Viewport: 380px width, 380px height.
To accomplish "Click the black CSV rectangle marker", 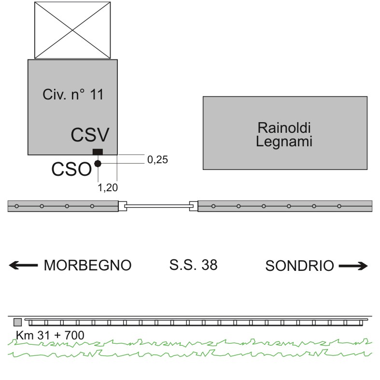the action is click(x=98, y=152).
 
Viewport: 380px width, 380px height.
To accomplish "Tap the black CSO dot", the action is click(x=98, y=164).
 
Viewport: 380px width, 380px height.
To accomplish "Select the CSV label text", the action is click(x=90, y=135).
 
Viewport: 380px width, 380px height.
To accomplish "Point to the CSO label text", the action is click(x=71, y=169).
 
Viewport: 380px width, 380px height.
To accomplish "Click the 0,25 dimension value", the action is click(x=157, y=160).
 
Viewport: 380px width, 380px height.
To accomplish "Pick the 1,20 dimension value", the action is click(x=108, y=187).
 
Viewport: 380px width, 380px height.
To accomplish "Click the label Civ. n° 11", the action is click(x=73, y=94).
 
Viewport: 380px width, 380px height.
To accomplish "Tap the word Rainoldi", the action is click(x=284, y=127).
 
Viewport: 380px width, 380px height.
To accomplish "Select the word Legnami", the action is click(x=284, y=141).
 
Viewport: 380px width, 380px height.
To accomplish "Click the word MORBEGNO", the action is click(x=87, y=265).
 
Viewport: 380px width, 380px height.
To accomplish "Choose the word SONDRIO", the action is click(x=299, y=266).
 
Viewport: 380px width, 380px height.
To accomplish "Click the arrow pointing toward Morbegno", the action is click(x=23, y=265).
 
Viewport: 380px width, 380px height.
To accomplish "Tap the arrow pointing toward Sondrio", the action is click(x=353, y=266).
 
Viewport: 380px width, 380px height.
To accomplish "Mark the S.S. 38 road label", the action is click(x=193, y=265).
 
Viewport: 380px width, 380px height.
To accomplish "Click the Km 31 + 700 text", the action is click(x=50, y=336).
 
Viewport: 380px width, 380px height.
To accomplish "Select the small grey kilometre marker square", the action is click(x=18, y=323).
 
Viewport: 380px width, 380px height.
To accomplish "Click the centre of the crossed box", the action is click(x=72, y=30).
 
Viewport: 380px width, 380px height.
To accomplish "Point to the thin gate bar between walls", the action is click(x=158, y=206).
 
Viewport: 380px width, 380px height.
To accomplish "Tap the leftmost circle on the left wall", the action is click(x=17, y=206).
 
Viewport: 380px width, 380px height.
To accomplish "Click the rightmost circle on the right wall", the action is click(x=339, y=206).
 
